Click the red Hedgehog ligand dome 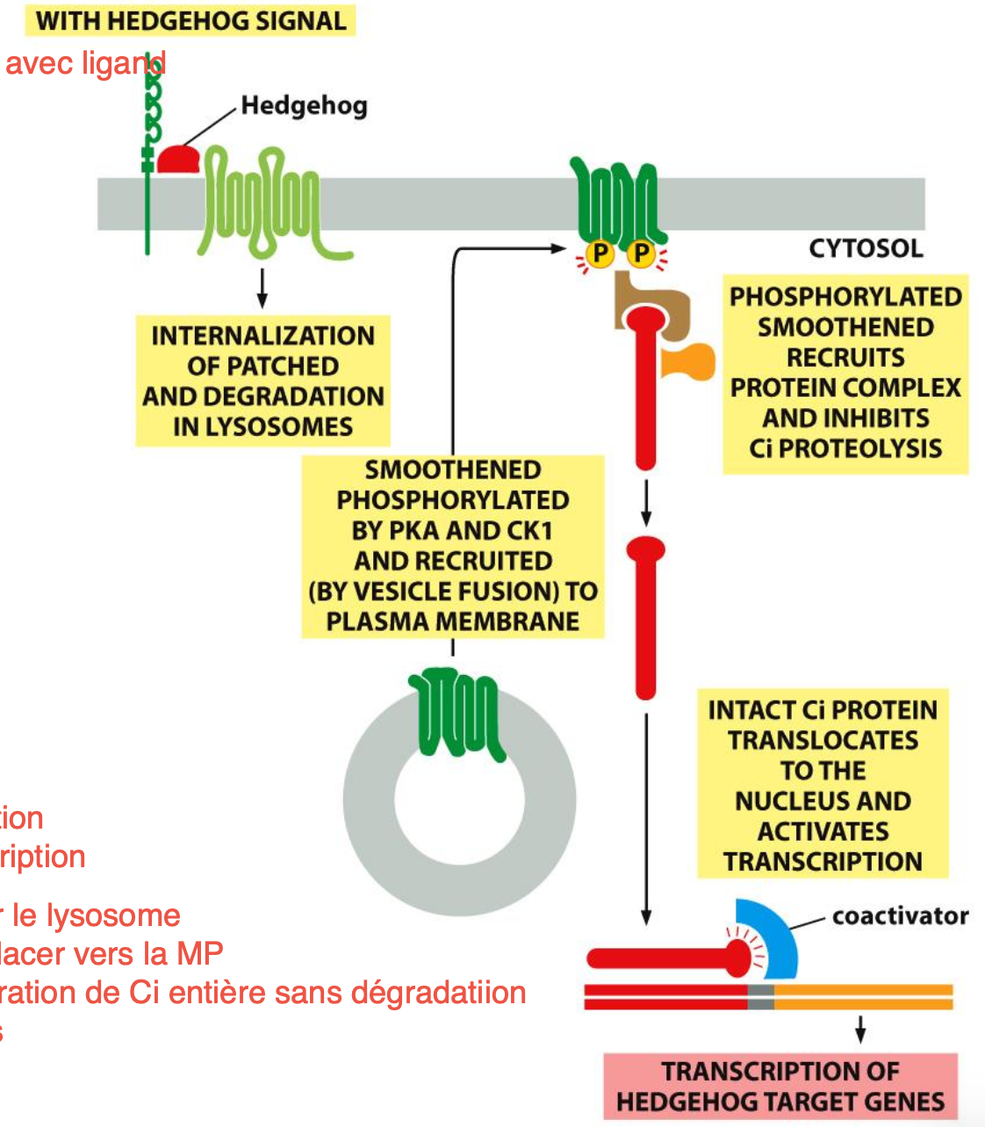(x=179, y=160)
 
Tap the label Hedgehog (x=304, y=106)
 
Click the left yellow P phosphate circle (x=600, y=255)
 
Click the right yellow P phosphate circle (x=642, y=255)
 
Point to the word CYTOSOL (x=866, y=248)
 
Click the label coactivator (x=900, y=916)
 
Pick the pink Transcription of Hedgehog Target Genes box (x=780, y=1087)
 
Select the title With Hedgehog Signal (x=191, y=20)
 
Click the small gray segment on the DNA (x=760, y=996)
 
